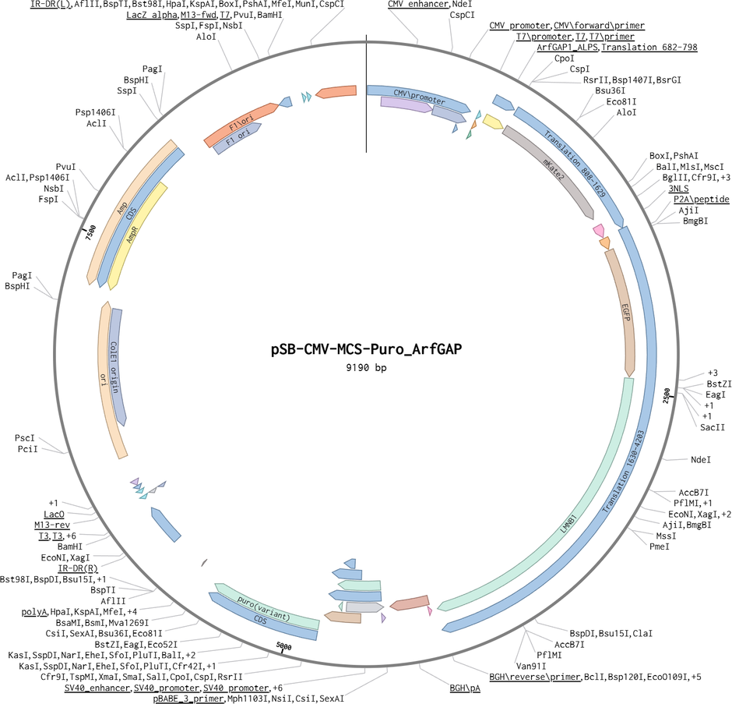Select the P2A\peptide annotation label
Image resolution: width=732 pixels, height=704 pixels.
click(702, 200)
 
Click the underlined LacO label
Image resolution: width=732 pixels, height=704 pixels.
click(54, 515)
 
